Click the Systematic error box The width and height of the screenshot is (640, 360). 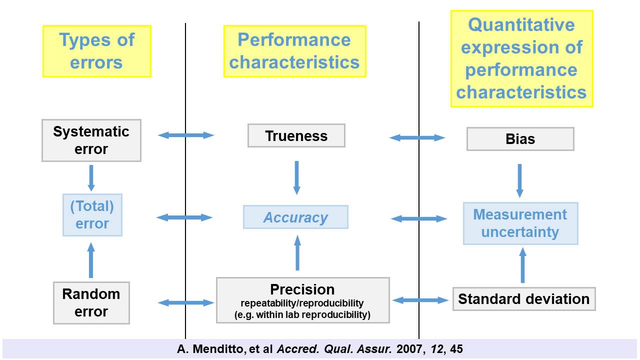[x=91, y=140]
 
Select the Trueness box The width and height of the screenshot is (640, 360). [x=296, y=136]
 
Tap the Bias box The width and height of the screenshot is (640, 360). [x=520, y=139]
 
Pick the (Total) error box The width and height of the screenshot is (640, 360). [x=92, y=215]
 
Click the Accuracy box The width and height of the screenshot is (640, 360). [x=295, y=217]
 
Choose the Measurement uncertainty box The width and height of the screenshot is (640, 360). [x=520, y=223]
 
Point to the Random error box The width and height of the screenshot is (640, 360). [x=91, y=302]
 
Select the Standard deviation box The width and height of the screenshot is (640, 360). [x=523, y=299]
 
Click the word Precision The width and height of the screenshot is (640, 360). [x=302, y=289]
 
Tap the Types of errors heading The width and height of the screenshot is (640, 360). [x=96, y=51]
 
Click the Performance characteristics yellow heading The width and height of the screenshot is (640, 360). [x=294, y=51]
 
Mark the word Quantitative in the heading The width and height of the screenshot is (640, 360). [x=521, y=24]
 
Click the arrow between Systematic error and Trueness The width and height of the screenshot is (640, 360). [x=186, y=135]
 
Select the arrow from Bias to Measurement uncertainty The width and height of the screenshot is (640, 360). [x=519, y=180]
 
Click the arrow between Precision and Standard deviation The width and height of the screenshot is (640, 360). [x=420, y=300]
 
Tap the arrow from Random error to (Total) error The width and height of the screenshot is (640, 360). [x=91, y=260]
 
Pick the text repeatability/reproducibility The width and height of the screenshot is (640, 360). [x=302, y=303]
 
